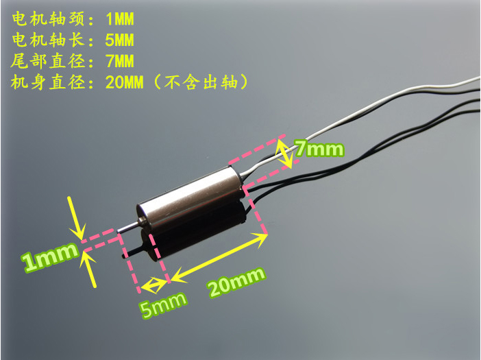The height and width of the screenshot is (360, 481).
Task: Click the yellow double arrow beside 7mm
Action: [x=286, y=153]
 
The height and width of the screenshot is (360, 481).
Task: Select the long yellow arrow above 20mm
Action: [x=219, y=255]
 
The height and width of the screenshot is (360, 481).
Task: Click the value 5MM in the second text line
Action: [x=116, y=39]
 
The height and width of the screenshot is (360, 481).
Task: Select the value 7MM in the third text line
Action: [x=116, y=61]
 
